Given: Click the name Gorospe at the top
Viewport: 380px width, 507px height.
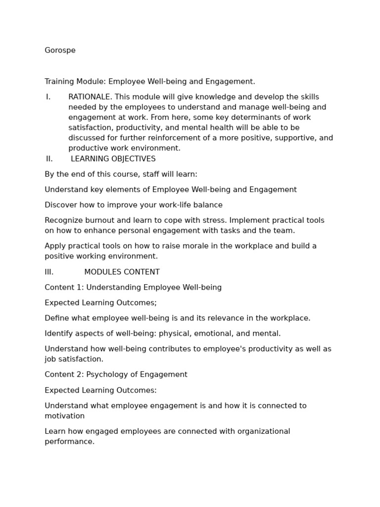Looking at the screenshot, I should [60, 51].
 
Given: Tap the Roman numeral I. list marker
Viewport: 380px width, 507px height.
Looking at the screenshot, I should [48, 97].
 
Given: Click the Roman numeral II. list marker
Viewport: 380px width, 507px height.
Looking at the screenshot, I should [49, 159].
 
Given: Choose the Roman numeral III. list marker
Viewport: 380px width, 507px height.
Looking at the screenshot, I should [49, 272].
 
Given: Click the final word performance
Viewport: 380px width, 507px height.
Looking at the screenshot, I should [69, 442].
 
